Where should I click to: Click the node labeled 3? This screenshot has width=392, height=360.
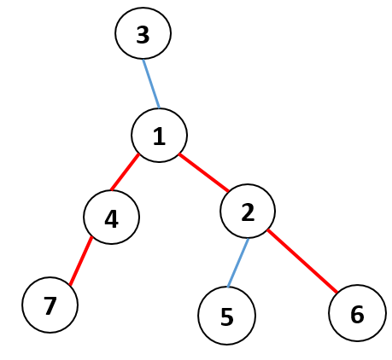click(143, 33)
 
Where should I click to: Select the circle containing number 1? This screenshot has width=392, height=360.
click(159, 136)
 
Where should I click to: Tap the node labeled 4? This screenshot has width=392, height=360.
click(111, 217)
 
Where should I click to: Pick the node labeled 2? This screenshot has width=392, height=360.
click(248, 211)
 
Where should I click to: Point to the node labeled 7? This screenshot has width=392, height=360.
click(50, 305)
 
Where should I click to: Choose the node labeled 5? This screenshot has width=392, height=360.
click(227, 316)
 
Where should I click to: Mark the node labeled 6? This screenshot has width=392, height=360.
click(357, 313)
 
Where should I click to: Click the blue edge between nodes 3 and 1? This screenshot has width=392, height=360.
click(151, 84)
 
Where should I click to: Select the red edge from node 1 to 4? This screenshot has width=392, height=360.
click(125, 172)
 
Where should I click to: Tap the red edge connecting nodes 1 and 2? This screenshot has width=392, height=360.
click(203, 172)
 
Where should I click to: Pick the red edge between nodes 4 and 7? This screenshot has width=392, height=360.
click(81, 260)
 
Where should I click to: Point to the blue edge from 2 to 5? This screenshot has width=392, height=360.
click(238, 263)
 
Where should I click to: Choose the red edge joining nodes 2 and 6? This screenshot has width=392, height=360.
click(302, 261)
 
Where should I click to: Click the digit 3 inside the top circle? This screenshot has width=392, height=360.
click(143, 35)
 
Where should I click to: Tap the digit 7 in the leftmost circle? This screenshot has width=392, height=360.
click(50, 306)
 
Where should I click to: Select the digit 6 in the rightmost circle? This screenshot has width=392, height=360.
click(357, 315)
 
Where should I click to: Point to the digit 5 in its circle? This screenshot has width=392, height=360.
click(227, 317)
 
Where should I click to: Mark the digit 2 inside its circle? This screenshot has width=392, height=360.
click(248, 212)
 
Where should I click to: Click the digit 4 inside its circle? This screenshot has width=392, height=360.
click(111, 219)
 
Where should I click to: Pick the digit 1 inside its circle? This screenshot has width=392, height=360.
click(160, 136)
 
